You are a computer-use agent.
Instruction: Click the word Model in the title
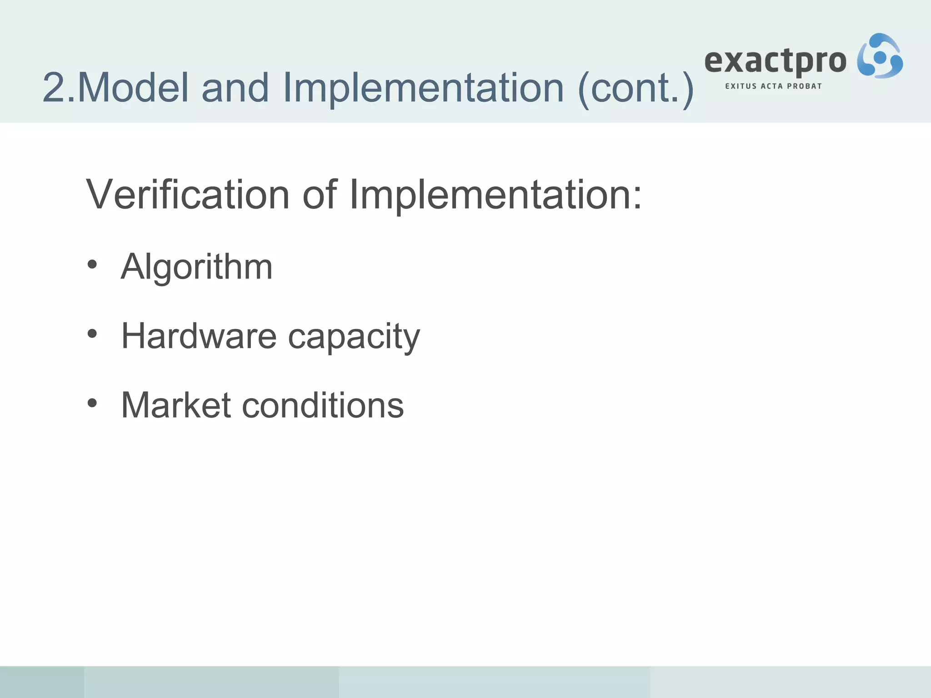coord(133,87)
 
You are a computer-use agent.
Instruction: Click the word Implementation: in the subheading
coord(496,195)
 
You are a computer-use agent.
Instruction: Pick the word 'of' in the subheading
coord(320,194)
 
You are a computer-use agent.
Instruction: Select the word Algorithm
coord(196,267)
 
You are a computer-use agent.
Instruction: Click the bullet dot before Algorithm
coord(92,265)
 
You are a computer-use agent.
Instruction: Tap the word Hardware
coord(199,336)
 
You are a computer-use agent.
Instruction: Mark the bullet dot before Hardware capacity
coord(92,334)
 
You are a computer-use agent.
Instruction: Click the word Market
coord(176,405)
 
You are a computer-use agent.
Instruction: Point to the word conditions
coord(323,405)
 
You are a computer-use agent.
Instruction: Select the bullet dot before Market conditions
coord(92,403)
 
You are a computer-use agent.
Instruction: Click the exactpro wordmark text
coord(775,62)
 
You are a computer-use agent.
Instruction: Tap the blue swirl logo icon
coord(880,56)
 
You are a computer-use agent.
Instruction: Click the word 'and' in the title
coord(235,87)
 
